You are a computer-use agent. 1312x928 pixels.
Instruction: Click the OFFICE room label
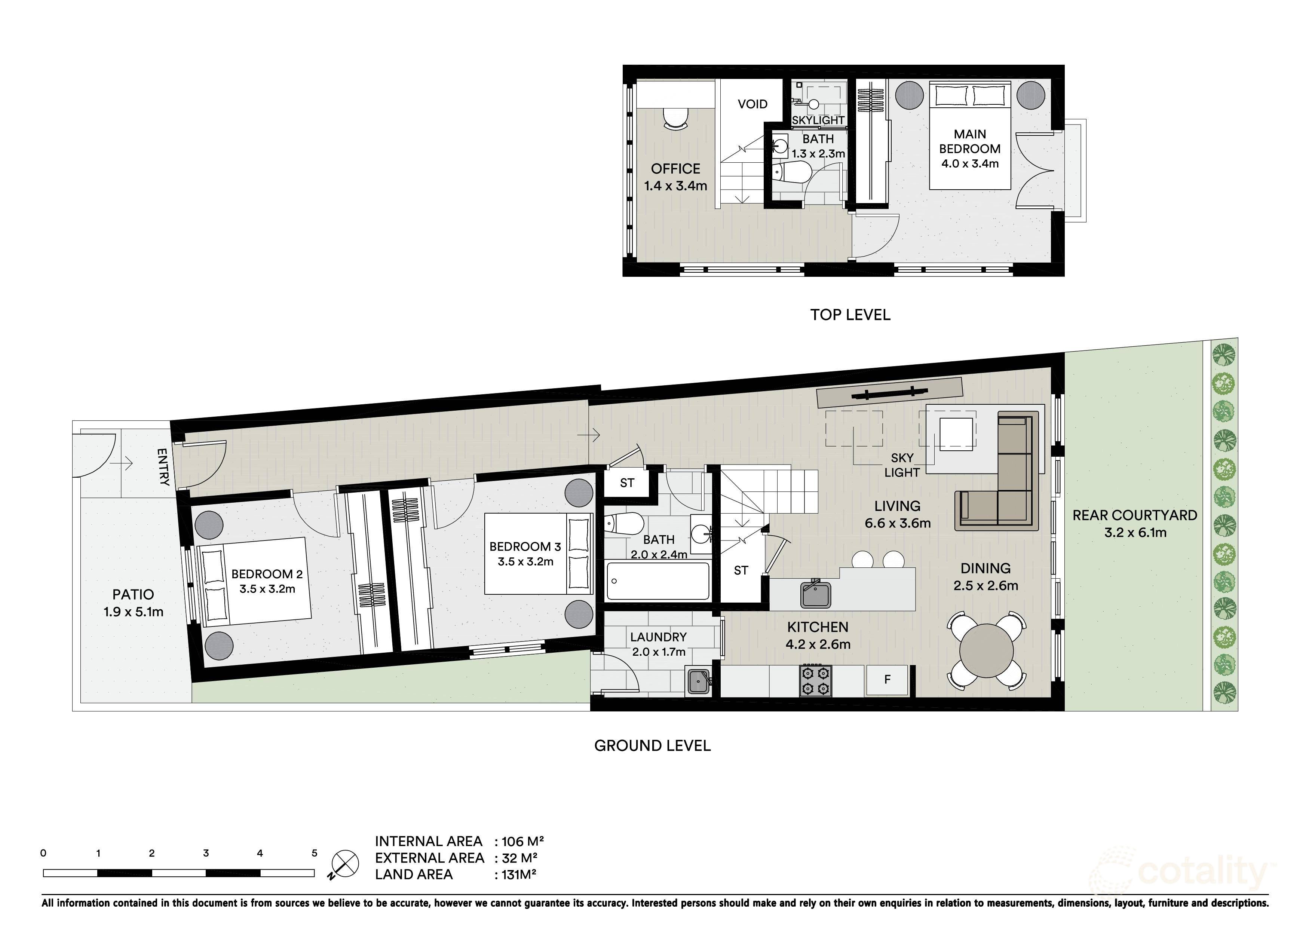click(675, 169)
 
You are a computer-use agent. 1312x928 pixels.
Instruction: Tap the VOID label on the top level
click(752, 104)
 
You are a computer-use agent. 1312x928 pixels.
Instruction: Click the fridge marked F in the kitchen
click(887, 680)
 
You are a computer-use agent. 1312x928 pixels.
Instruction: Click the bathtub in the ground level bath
click(658, 582)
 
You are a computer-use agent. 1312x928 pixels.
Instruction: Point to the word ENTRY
click(163, 467)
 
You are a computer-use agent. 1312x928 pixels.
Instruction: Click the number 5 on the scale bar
click(314, 853)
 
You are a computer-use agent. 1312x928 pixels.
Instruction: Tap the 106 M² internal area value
click(522, 842)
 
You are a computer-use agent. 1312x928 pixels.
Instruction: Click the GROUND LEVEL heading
click(653, 746)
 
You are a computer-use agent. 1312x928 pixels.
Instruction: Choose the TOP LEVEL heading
click(850, 315)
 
